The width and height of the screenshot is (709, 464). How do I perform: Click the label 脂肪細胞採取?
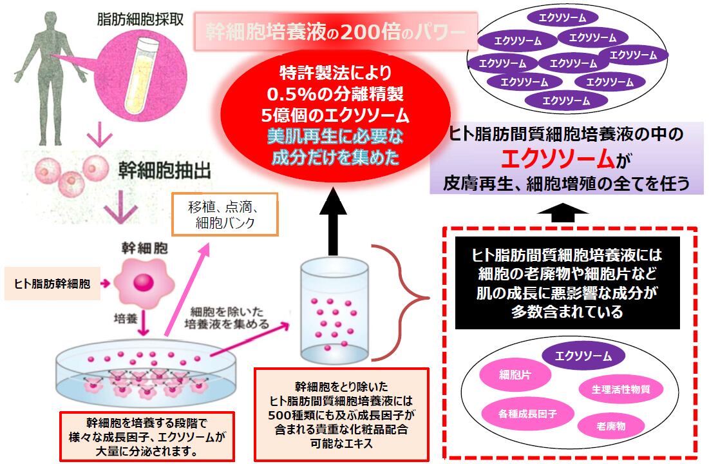140,19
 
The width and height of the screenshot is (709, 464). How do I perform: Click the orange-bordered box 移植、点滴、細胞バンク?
225,214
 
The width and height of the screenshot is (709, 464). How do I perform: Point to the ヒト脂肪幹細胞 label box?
52,284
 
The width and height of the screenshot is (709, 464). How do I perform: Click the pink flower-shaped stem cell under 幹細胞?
144,282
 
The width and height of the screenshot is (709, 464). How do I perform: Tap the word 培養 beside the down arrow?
126,319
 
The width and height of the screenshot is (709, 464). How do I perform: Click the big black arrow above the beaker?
333,221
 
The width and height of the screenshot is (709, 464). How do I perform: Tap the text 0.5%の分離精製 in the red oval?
335,94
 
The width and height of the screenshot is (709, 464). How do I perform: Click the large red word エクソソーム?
558,159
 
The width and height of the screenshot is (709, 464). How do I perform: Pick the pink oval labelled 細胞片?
515,375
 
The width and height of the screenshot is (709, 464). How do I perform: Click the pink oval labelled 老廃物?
611,426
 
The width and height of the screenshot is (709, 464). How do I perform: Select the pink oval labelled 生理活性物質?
621,389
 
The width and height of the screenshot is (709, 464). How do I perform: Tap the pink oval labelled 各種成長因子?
527,413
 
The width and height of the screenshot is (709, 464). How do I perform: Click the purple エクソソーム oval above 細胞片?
583,356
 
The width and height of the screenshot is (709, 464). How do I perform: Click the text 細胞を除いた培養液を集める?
227,318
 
